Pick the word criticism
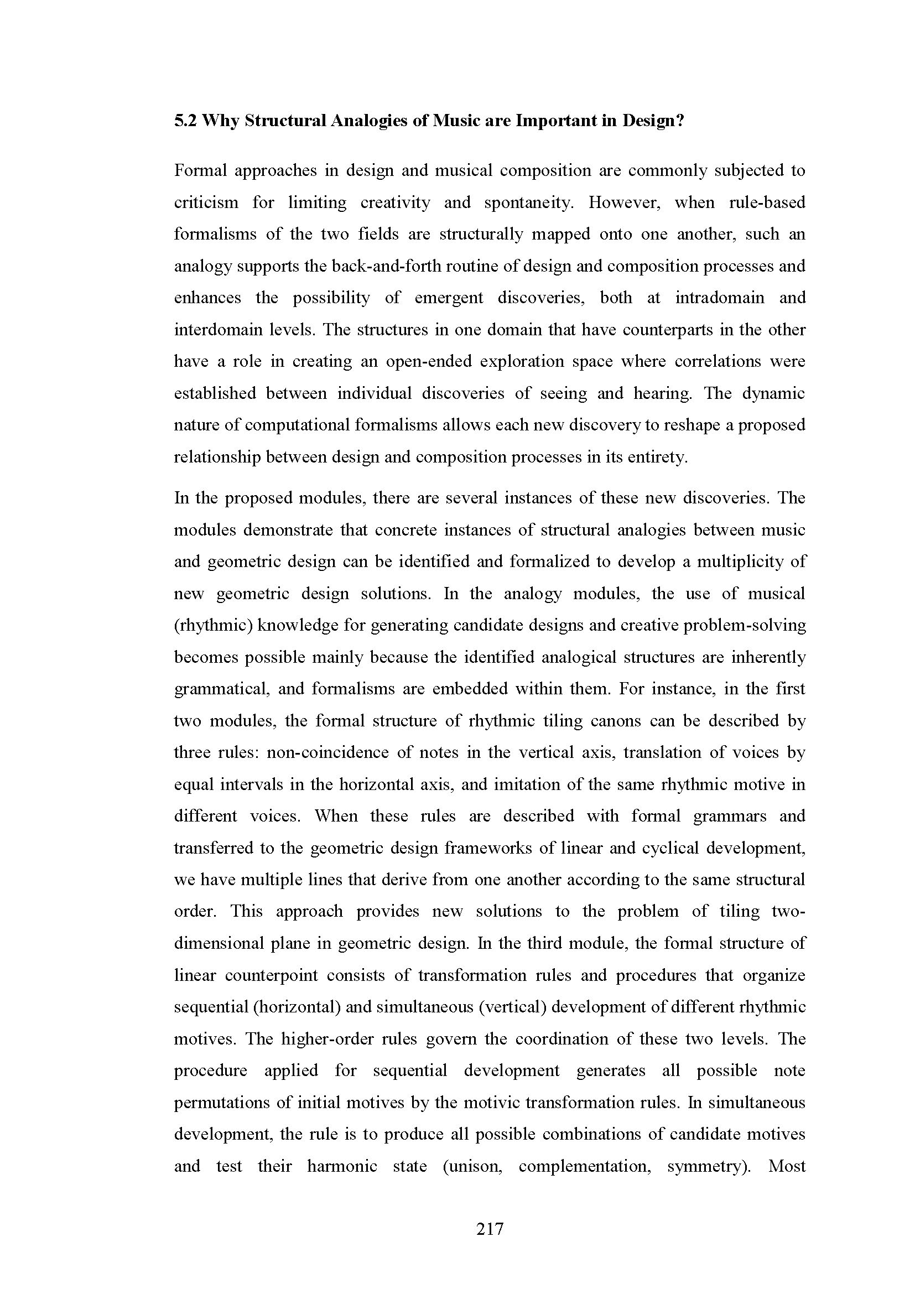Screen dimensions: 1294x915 point(206,202)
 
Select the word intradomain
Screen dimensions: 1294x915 point(720,298)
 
